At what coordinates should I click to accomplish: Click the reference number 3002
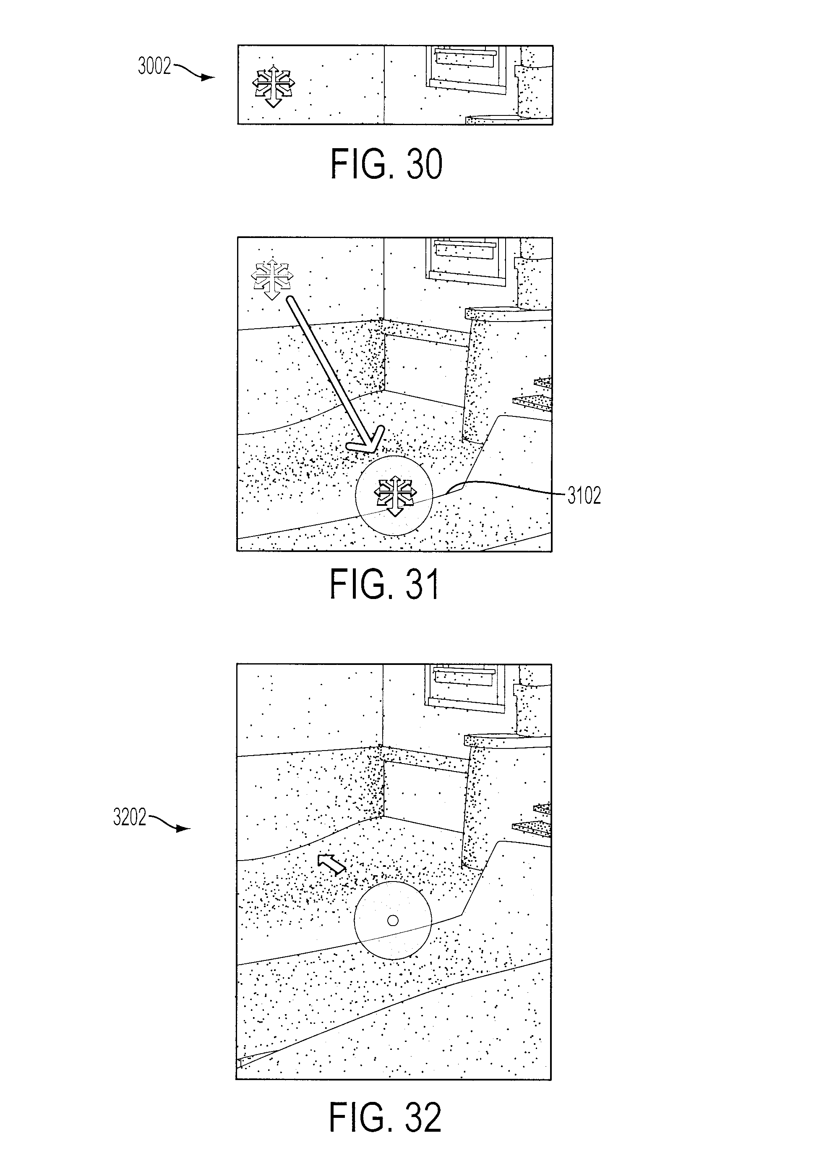[x=154, y=67]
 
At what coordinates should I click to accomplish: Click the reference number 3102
[x=584, y=496]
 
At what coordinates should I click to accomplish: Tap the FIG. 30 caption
[x=386, y=164]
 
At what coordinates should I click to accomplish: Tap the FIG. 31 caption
[x=384, y=583]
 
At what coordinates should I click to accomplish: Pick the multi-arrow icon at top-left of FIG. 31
[x=272, y=279]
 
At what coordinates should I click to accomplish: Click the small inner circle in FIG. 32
[x=393, y=920]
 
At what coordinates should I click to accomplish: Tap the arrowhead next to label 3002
[x=208, y=78]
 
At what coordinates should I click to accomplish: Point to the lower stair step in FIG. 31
[x=532, y=401]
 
